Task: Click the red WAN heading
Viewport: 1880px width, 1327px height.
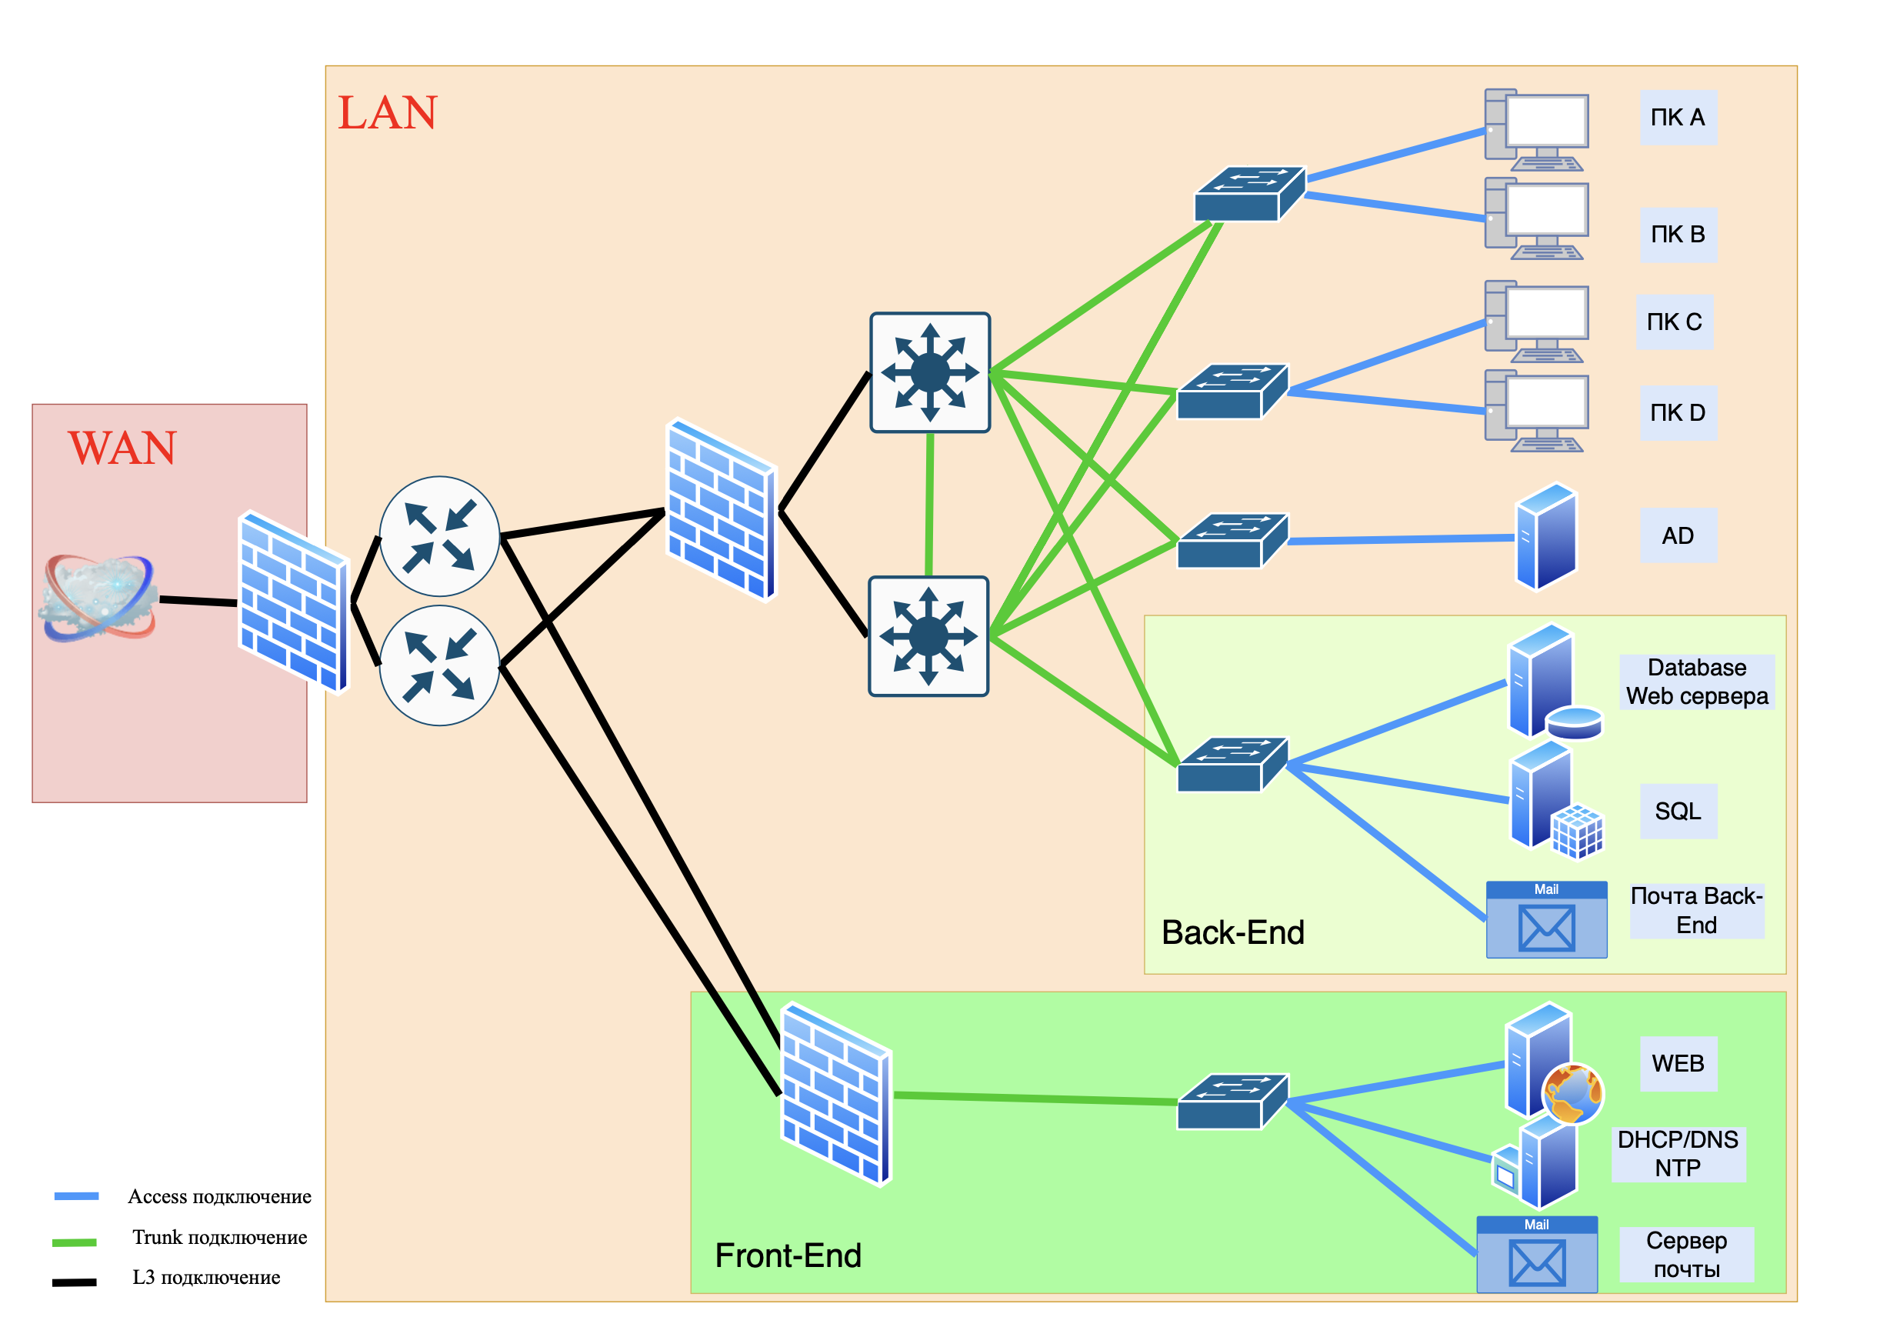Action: [x=122, y=448]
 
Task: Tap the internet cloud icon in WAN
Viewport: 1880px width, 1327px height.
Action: [x=98, y=598]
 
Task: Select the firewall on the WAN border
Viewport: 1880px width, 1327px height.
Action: [x=294, y=602]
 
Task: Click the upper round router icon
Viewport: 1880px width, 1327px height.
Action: [x=440, y=536]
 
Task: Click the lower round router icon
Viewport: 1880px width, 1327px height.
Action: [x=440, y=665]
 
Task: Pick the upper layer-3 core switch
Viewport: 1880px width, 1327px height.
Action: [x=930, y=372]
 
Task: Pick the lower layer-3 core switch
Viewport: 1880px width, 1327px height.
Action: [x=928, y=636]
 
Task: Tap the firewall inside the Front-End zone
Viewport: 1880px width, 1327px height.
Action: [x=836, y=1094]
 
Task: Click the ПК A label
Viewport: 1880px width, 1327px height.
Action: [x=1678, y=118]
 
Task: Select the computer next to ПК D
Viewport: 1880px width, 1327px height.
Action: [x=1537, y=411]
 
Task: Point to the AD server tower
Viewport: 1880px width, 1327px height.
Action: [x=1546, y=536]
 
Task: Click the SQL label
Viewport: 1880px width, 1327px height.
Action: [x=1678, y=812]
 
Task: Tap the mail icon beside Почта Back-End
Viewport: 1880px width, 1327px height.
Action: [x=1546, y=919]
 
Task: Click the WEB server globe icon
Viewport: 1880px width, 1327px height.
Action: [x=1572, y=1094]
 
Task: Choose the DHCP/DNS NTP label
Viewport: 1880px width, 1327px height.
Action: [x=1678, y=1153]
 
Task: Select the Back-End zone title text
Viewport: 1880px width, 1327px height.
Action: [x=1232, y=932]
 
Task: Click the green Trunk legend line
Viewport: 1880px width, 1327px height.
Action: [x=75, y=1242]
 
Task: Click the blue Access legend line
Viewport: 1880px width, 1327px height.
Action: [x=76, y=1196]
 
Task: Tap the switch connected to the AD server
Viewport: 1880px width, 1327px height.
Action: [x=1232, y=541]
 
